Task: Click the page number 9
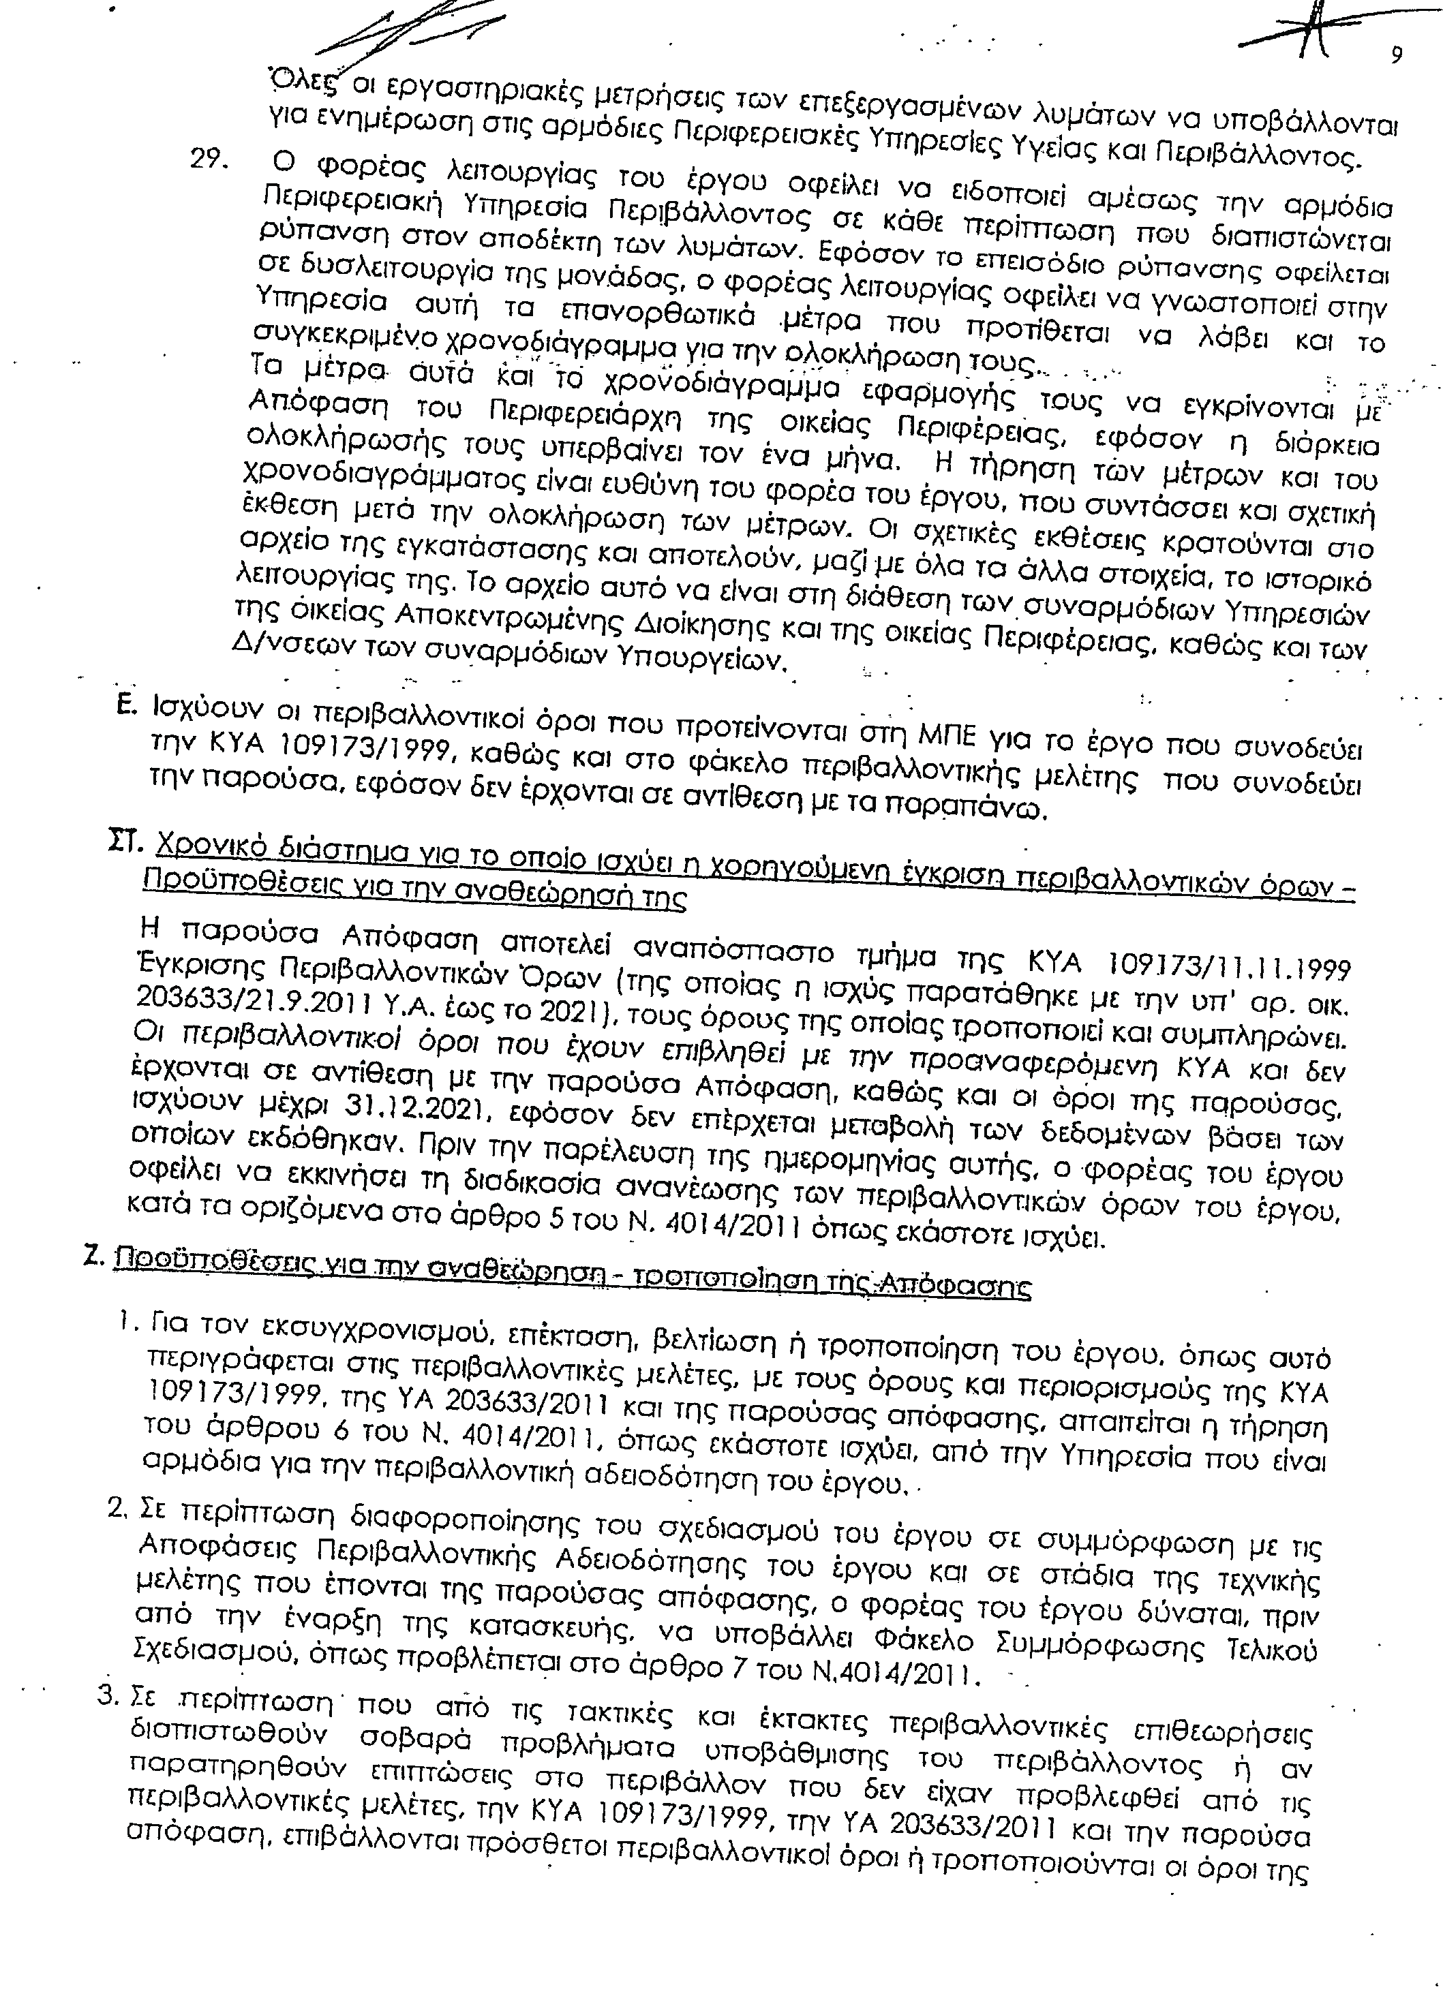point(1397,55)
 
